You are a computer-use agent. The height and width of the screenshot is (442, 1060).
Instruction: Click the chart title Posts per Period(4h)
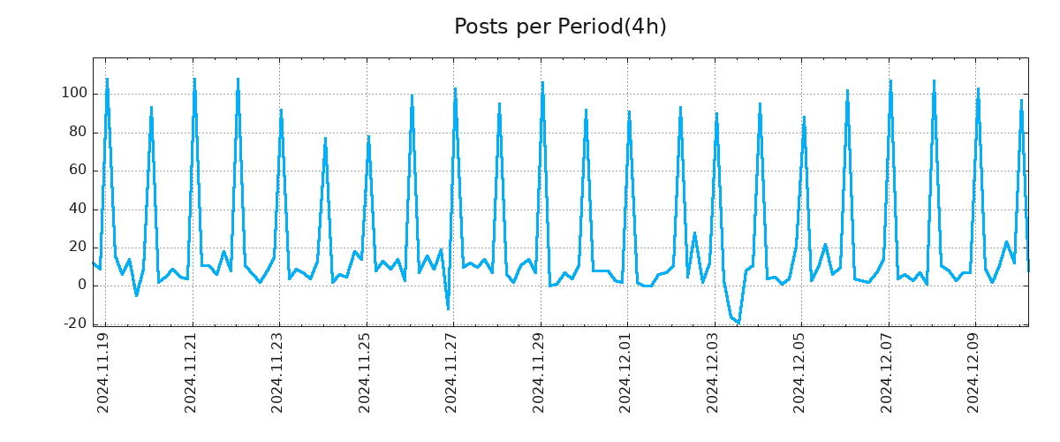click(x=560, y=27)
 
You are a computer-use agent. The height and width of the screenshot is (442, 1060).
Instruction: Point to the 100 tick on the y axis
click(x=74, y=94)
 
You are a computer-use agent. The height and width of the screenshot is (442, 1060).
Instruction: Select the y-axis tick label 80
click(x=78, y=132)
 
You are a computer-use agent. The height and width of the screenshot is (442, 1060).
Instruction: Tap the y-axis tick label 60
click(x=78, y=170)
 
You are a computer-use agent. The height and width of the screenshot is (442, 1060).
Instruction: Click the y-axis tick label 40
click(x=78, y=209)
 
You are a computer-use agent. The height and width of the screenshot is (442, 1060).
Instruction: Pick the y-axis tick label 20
click(x=78, y=247)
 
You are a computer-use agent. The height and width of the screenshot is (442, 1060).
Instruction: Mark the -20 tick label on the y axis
click(x=74, y=324)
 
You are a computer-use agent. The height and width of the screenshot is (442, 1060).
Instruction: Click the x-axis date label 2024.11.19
click(x=103, y=372)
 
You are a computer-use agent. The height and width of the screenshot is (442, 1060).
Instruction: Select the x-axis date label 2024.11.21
click(x=191, y=372)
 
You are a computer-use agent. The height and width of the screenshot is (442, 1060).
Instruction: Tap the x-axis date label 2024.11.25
click(x=365, y=372)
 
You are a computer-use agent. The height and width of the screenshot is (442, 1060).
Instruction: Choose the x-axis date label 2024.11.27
click(x=451, y=372)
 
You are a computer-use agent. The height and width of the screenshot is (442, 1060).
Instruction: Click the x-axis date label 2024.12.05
click(x=799, y=372)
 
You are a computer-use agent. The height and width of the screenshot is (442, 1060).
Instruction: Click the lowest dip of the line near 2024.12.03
click(x=738, y=323)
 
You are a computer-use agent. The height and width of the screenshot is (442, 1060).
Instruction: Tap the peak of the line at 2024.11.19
click(x=107, y=79)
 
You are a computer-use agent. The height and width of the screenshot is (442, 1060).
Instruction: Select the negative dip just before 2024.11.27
click(x=448, y=309)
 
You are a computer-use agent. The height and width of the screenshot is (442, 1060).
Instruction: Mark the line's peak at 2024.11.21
click(x=194, y=79)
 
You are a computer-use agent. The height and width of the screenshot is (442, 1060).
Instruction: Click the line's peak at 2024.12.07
click(x=890, y=80)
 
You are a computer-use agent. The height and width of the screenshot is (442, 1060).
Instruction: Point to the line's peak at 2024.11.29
click(x=542, y=82)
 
